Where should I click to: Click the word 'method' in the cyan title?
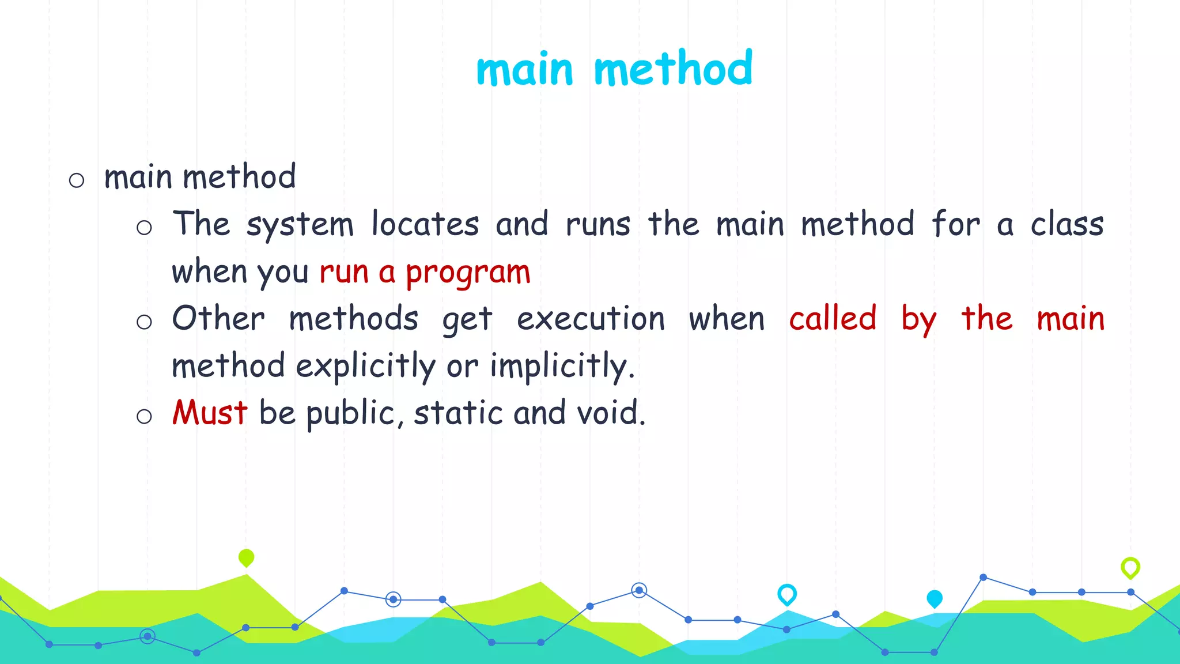pyautogui.click(x=673, y=69)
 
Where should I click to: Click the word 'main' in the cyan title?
pyautogui.click(x=524, y=70)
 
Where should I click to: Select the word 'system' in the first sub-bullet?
pyautogui.click(x=300, y=225)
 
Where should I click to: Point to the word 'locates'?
pyautogui.click(x=425, y=224)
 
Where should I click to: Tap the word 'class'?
pyautogui.click(x=1067, y=224)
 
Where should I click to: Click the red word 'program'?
pyautogui.click(x=468, y=273)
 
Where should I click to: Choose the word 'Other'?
pyautogui.click(x=218, y=318)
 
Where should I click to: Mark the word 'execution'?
pyautogui.click(x=591, y=318)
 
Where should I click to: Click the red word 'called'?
pyautogui.click(x=833, y=318)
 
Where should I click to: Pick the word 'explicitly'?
pyautogui.click(x=366, y=367)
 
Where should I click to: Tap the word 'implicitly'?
pyautogui.click(x=562, y=367)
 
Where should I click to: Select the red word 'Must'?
pyautogui.click(x=210, y=413)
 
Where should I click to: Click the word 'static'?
pyautogui.click(x=458, y=413)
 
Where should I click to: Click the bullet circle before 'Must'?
pyautogui.click(x=144, y=416)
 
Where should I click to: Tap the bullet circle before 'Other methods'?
pyautogui.click(x=144, y=322)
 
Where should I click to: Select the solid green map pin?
pyautogui.click(x=246, y=557)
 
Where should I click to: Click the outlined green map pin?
pyautogui.click(x=1130, y=567)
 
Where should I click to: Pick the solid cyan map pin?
pyautogui.click(x=935, y=599)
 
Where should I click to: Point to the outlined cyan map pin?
pyautogui.click(x=787, y=594)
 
